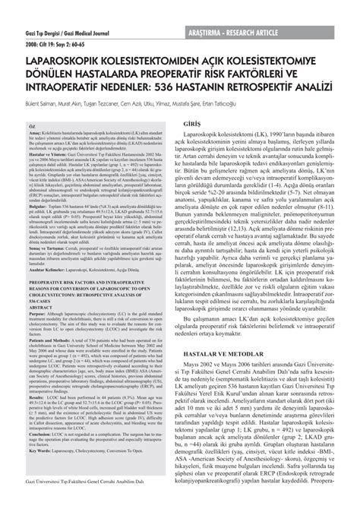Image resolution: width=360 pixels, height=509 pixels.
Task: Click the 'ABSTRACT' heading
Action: [40, 306]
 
